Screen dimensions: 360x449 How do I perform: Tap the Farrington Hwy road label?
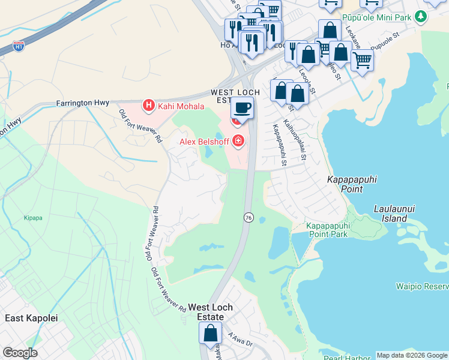[x=83, y=103]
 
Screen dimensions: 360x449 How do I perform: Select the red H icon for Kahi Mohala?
[x=149, y=106]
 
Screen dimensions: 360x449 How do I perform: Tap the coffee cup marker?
[x=242, y=108]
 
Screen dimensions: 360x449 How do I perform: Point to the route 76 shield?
[x=247, y=217]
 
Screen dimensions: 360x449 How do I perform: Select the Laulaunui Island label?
[x=394, y=213]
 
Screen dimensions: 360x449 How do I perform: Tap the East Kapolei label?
[x=31, y=318]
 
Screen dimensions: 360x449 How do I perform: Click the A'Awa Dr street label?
[x=241, y=340]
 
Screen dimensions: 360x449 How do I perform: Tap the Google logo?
[x=20, y=353]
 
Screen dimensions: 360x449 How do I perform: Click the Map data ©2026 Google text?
[x=412, y=355]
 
